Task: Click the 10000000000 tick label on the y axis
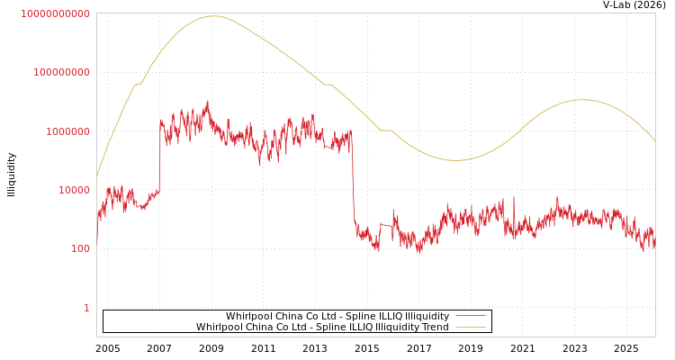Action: click(x=55, y=13)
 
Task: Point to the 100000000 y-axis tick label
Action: click(x=60, y=72)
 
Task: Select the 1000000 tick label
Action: click(x=65, y=131)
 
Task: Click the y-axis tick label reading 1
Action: click(x=86, y=308)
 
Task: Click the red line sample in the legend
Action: click(x=471, y=316)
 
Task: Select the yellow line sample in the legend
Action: click(x=471, y=327)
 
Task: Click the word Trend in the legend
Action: click(x=436, y=327)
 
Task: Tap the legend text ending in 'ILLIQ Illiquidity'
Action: click(x=337, y=316)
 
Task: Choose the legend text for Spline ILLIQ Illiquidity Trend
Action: click(x=322, y=327)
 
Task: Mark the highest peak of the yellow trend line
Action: click(x=213, y=16)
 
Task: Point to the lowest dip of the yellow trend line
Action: click(x=457, y=160)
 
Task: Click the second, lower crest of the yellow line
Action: click(x=582, y=100)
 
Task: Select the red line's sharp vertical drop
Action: click(x=353, y=180)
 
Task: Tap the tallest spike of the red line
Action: click(x=207, y=101)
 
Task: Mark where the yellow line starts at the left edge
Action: click(x=97, y=175)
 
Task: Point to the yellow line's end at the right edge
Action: click(x=654, y=140)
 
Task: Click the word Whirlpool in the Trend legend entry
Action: click(x=220, y=327)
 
